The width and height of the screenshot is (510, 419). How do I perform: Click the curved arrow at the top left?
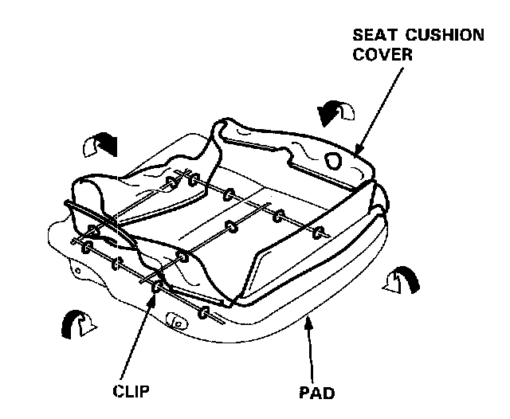pyautogui.click(x=100, y=145)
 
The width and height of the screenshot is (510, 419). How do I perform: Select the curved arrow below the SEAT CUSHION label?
pyautogui.click(x=335, y=112)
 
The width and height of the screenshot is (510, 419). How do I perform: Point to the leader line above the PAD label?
pyautogui.click(x=308, y=350)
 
